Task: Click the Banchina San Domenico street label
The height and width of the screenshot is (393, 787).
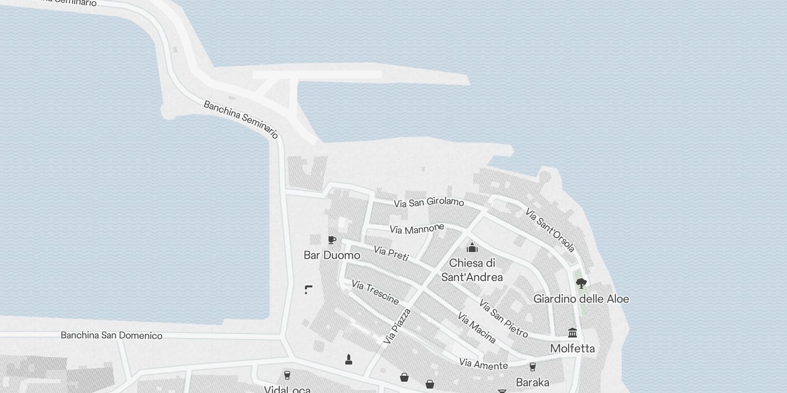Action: point(111,336)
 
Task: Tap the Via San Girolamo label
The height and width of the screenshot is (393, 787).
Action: point(428,202)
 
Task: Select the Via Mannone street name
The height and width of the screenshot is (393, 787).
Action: point(417,229)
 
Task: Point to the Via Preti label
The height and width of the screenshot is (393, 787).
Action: point(391,253)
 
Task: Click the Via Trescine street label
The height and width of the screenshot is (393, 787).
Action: point(375,292)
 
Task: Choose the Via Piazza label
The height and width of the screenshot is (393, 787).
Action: point(397,326)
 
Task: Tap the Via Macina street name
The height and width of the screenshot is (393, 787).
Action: point(476,328)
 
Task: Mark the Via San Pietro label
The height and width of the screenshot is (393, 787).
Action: point(503,319)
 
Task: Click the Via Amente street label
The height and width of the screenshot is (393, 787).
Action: point(483,364)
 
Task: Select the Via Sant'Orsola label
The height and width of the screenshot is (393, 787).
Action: point(550,230)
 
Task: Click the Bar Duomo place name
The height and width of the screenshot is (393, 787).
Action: point(332,255)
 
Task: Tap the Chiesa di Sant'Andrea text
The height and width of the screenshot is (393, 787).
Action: point(472,270)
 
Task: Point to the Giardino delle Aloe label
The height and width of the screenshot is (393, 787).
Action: point(581,299)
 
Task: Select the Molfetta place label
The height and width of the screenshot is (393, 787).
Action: point(572,348)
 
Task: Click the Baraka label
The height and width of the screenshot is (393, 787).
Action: point(532,382)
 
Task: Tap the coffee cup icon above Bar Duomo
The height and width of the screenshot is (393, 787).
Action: point(332,240)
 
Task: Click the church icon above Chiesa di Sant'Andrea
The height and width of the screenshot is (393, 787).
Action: point(472,247)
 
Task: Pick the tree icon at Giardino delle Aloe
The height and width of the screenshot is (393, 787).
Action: point(581,283)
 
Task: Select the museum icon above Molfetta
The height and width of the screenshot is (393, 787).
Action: point(572,333)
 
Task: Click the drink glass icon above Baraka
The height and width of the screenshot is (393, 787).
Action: point(532,367)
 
